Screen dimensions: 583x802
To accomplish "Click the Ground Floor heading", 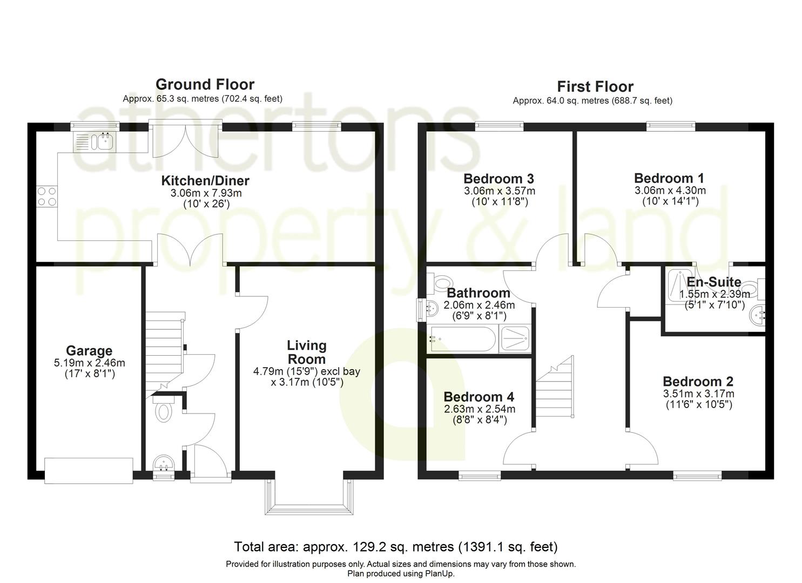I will click(x=205, y=84).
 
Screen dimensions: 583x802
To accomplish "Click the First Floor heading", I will click(x=595, y=86).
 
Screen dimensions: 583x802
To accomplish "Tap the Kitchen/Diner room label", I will click(x=205, y=181).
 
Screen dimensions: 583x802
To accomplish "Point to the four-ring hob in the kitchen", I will click(x=46, y=196).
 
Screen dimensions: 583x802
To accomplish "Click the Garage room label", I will click(x=89, y=351).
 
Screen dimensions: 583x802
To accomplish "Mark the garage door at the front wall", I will click(x=89, y=470).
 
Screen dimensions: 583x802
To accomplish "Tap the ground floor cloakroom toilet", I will click(x=163, y=412).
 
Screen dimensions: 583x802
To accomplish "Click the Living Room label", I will click(x=306, y=352).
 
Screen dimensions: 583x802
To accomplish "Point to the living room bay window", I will click(x=306, y=497).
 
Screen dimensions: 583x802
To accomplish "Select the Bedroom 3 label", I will click(x=498, y=179).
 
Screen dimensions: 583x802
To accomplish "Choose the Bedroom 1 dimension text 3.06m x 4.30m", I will click(x=670, y=191).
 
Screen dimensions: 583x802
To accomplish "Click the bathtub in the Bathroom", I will click(x=462, y=339).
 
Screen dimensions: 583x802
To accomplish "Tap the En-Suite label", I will click(x=713, y=282).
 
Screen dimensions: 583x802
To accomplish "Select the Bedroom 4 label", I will click(x=479, y=398).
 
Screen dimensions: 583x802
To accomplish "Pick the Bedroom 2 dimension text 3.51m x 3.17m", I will click(x=698, y=394).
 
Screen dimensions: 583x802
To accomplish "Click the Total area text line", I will click(x=395, y=547).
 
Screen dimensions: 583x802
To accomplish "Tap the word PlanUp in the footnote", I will click(x=441, y=573).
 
